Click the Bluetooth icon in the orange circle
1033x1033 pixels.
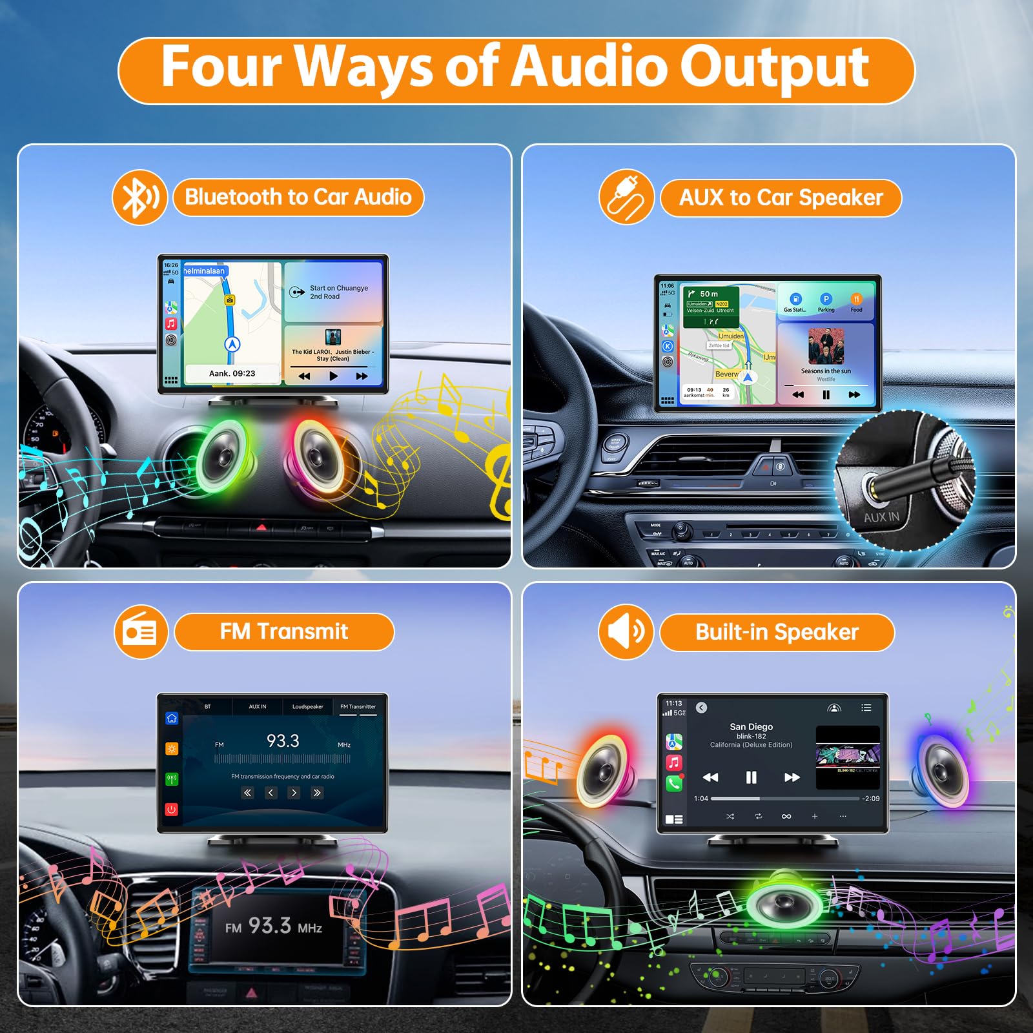point(139,198)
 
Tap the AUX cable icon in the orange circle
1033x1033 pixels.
point(626,198)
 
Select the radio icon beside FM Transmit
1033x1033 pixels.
point(141,632)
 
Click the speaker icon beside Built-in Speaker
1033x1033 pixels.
point(626,632)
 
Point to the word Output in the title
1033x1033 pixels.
point(774,67)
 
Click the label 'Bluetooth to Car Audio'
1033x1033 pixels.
point(298,198)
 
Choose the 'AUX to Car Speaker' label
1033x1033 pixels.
point(781,198)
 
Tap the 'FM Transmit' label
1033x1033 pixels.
point(284,632)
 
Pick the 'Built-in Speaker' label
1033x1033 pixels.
point(777,633)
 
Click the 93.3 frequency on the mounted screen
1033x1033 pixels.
point(283,741)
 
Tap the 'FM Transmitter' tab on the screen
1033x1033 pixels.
point(358,707)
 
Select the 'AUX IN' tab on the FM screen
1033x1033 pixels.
point(258,707)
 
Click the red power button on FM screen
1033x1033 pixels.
point(172,809)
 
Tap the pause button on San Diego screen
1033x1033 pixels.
point(751,777)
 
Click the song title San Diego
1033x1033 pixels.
point(751,727)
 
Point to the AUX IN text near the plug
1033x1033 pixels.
point(881,517)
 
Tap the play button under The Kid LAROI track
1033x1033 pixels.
point(333,376)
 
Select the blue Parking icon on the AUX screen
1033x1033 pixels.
point(826,300)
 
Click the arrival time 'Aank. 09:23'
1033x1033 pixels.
point(232,374)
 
